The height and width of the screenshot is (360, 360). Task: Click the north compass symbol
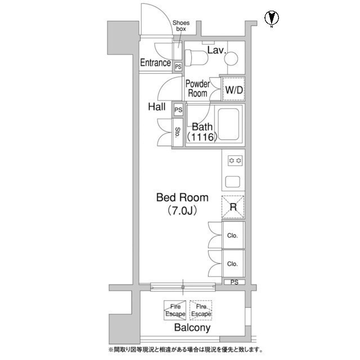click(x=272, y=18)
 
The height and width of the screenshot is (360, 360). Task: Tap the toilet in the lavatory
click(x=196, y=57)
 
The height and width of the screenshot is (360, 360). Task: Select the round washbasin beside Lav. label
click(x=231, y=58)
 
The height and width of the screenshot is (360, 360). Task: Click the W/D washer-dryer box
click(x=234, y=89)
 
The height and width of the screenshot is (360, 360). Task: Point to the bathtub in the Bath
click(x=228, y=124)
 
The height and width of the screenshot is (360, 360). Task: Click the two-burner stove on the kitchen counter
click(x=235, y=161)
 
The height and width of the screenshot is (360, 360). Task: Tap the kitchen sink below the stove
click(x=233, y=182)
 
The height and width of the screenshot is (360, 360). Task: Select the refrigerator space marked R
click(x=233, y=206)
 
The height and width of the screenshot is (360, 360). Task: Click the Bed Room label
click(x=182, y=197)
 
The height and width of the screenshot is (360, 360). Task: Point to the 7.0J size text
click(x=182, y=210)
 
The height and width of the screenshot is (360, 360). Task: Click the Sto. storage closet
click(x=178, y=132)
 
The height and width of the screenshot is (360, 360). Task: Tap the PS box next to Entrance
click(x=178, y=67)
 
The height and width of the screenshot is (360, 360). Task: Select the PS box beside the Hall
click(x=178, y=110)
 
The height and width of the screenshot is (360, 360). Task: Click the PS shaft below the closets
click(x=235, y=282)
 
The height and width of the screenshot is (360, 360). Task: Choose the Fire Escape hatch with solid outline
click(x=175, y=310)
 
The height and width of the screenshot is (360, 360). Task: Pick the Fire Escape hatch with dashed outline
click(x=201, y=310)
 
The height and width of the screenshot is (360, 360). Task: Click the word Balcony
click(x=192, y=327)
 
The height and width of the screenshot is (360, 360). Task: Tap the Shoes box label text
click(x=181, y=26)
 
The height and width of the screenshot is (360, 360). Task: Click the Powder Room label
click(x=197, y=89)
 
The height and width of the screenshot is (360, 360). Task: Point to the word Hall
click(x=157, y=107)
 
